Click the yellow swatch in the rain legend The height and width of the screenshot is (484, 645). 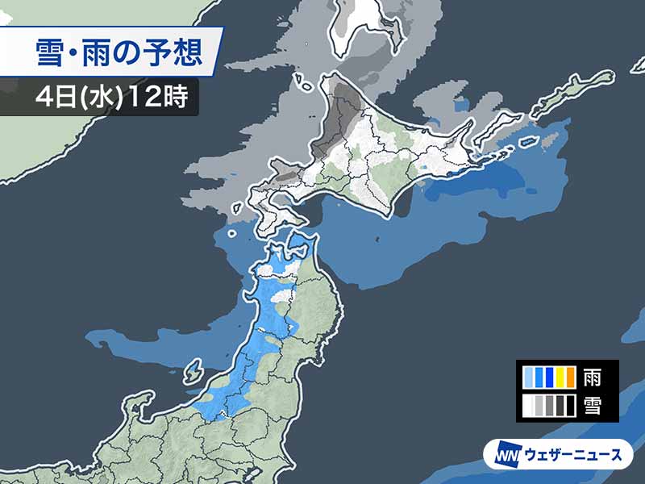pyautogui.click(x=559, y=377)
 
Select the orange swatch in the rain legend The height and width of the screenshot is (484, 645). pyautogui.click(x=569, y=377)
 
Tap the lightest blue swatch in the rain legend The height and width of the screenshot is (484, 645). pyautogui.click(x=528, y=377)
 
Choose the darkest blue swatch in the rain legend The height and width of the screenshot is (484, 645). pyautogui.click(x=548, y=377)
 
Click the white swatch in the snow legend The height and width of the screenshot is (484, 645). pyautogui.click(x=528, y=404)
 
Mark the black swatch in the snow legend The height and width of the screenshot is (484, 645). pyautogui.click(x=569, y=404)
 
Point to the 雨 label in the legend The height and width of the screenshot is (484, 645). pyautogui.click(x=593, y=377)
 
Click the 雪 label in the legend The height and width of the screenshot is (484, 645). pyautogui.click(x=593, y=404)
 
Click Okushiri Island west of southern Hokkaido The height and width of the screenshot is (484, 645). pyautogui.click(x=232, y=234)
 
